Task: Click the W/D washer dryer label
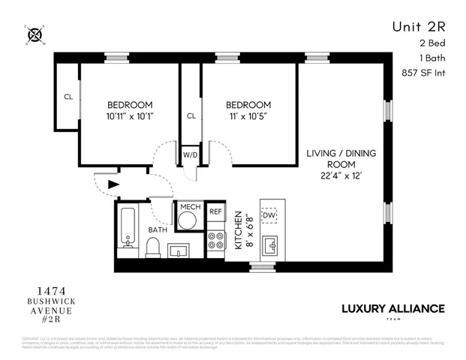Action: point(191,155)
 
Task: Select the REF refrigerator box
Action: point(215,212)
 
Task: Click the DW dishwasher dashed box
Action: point(269,215)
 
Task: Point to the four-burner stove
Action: point(216,241)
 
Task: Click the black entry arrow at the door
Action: point(113,182)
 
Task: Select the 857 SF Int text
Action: point(423,73)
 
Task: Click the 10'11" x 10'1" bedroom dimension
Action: point(130,116)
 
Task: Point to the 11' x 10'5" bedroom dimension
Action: point(249,116)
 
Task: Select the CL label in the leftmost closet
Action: point(68,97)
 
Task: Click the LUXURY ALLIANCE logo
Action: point(392,308)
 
